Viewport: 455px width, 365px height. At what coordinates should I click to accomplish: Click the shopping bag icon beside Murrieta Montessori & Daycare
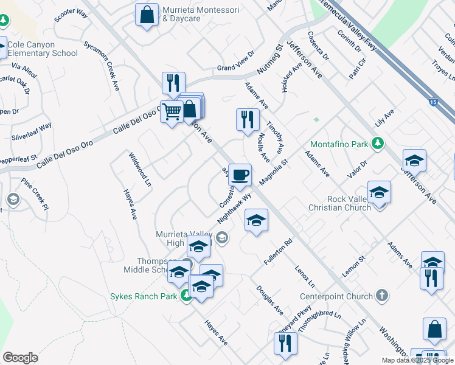click(147, 15)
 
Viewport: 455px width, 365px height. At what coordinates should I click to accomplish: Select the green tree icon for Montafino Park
click(378, 144)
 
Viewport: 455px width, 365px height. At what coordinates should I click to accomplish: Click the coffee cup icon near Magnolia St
click(240, 174)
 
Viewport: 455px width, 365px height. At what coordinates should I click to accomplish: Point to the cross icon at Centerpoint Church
click(381, 296)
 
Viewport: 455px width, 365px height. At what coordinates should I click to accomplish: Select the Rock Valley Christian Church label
click(341, 203)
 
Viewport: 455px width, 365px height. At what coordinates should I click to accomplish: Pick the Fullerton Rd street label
click(279, 251)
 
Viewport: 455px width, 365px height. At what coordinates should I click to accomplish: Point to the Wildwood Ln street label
click(139, 169)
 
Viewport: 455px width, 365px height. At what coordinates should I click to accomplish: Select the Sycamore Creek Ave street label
click(110, 67)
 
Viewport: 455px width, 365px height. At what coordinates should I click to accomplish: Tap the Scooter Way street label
click(71, 16)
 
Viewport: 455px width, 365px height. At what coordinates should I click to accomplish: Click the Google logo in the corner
click(20, 358)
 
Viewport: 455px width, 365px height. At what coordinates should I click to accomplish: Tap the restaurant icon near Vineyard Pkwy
click(285, 342)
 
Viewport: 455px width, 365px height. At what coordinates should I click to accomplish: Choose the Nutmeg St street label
click(271, 59)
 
